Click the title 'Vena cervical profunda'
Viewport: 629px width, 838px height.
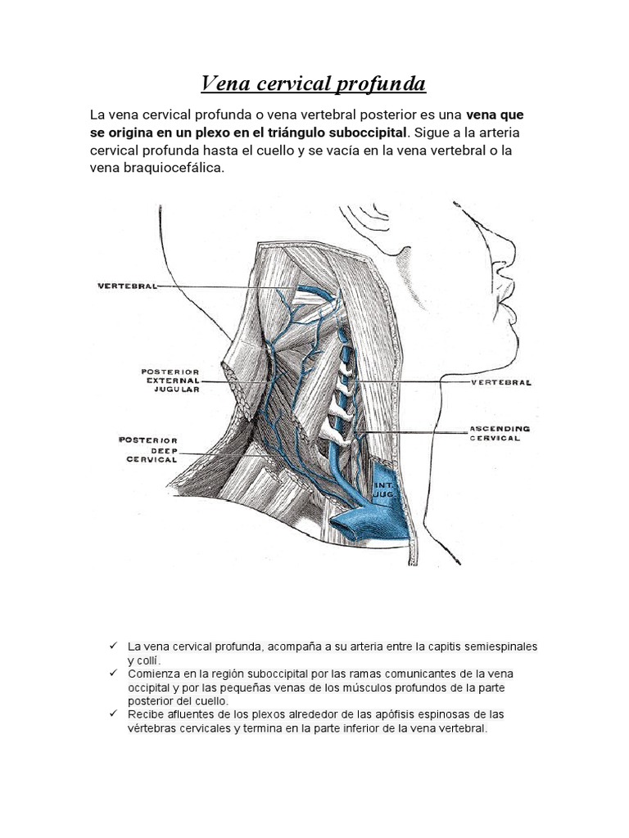click(314, 83)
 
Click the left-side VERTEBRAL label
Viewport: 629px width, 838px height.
click(126, 286)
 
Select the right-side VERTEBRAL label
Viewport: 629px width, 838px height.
click(501, 382)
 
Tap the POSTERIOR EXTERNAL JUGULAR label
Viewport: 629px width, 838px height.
click(171, 381)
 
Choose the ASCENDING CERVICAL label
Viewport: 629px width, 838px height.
click(500, 433)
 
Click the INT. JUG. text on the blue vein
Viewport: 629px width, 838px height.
click(385, 491)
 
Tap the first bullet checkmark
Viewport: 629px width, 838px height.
click(112, 646)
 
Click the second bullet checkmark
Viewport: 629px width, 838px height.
click(112, 673)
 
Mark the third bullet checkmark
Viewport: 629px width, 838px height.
click(112, 714)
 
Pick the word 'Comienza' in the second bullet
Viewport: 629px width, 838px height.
click(152, 674)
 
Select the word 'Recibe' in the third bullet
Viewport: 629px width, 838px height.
click(144, 714)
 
